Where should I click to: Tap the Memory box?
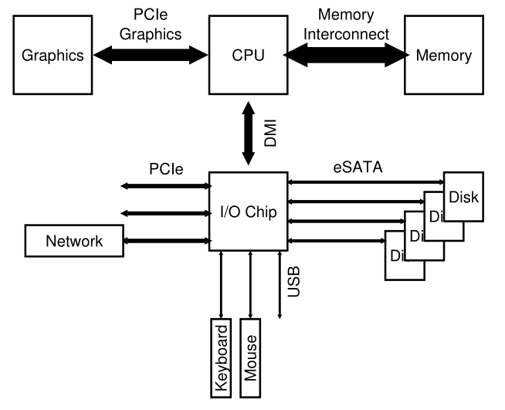[445, 56]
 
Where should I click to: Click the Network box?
[74, 241]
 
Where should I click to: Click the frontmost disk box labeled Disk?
[464, 196]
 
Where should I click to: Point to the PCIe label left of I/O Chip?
[165, 168]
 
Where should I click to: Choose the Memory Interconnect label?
[344, 23]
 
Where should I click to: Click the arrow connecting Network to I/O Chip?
[167, 241]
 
